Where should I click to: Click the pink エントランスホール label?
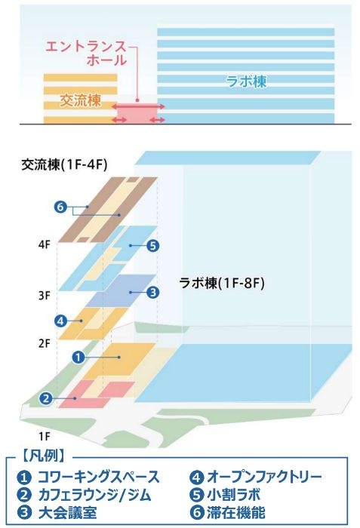coord(86,54)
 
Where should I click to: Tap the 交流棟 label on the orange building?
coord(80,100)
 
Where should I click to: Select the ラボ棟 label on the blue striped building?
coord(246,81)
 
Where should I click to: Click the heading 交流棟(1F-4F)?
coord(64,164)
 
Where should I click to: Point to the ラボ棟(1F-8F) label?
coord(222,283)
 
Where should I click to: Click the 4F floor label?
coord(45,245)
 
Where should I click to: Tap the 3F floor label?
coord(45,296)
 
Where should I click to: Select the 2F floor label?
coord(45,343)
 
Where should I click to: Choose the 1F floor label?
coord(45,437)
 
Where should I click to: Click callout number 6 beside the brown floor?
coord(60,207)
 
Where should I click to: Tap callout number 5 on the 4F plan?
coord(152,245)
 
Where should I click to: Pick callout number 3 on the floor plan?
coord(152,292)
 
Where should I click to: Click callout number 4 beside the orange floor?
coord(60,321)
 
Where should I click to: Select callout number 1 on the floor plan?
coord(78,357)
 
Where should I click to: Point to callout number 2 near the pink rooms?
coord(46,398)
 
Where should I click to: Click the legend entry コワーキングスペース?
coord(98,477)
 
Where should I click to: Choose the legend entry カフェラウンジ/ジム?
coord(94,495)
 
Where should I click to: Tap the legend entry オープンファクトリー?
coord(265,477)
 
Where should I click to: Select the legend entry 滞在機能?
coord(236,512)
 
